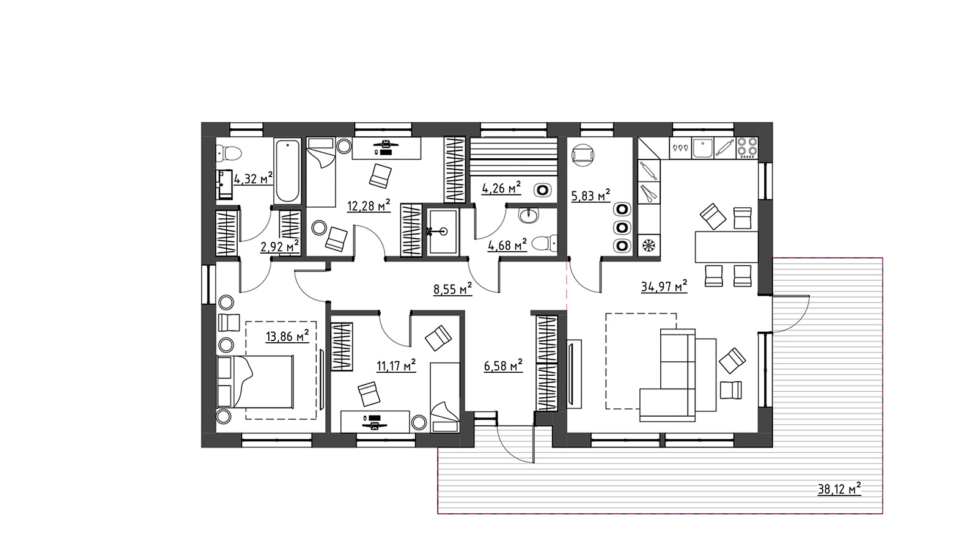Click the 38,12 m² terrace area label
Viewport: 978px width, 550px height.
pos(839,489)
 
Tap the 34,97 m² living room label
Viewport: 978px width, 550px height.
pos(664,287)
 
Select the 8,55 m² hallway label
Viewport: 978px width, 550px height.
pos(453,289)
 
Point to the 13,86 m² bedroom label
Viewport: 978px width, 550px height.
pos(287,337)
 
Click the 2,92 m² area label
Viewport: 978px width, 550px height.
pos(280,247)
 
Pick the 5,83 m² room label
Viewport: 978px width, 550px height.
pos(590,196)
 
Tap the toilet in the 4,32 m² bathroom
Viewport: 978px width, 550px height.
pos(229,153)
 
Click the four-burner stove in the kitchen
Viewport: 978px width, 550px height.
pos(747,147)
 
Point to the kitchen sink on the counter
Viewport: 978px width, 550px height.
pos(702,147)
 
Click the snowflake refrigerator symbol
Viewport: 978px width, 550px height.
pos(649,245)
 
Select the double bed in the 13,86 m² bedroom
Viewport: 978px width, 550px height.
pos(255,382)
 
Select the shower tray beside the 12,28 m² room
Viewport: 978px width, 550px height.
pos(443,232)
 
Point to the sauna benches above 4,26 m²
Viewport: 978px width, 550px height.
pos(514,156)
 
